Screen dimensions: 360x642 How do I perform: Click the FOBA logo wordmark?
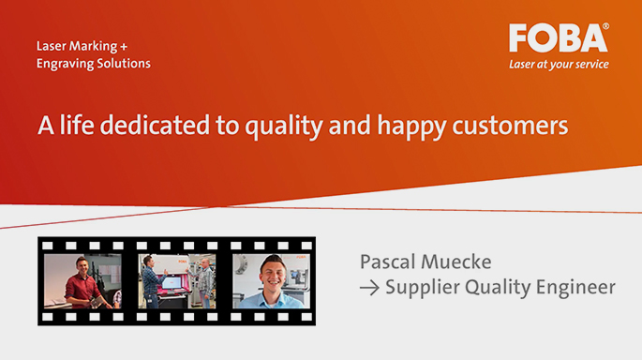[x=557, y=38]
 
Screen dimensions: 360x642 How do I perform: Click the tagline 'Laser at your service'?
[x=559, y=65]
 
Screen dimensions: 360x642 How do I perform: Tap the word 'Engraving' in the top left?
[x=64, y=64]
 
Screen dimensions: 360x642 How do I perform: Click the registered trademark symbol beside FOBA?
[x=605, y=28]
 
